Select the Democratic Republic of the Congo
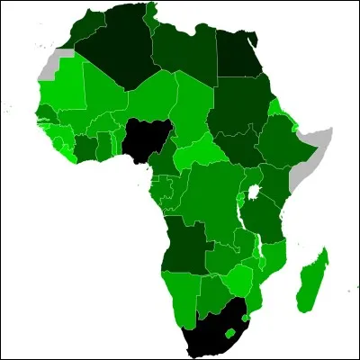211,198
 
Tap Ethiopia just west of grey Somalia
274,144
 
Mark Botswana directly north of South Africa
217,292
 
